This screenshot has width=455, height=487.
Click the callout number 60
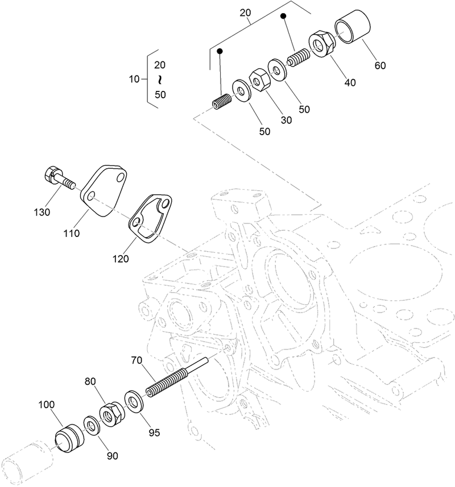pos(380,65)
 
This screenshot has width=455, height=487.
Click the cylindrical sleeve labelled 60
pos(353,28)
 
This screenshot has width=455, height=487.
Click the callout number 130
pos(41,212)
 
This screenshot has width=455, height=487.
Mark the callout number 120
pos(120,259)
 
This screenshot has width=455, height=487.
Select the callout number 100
pos(47,405)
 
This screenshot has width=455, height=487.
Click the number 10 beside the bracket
pos(134,79)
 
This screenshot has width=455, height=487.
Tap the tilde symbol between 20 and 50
pos(160,80)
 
